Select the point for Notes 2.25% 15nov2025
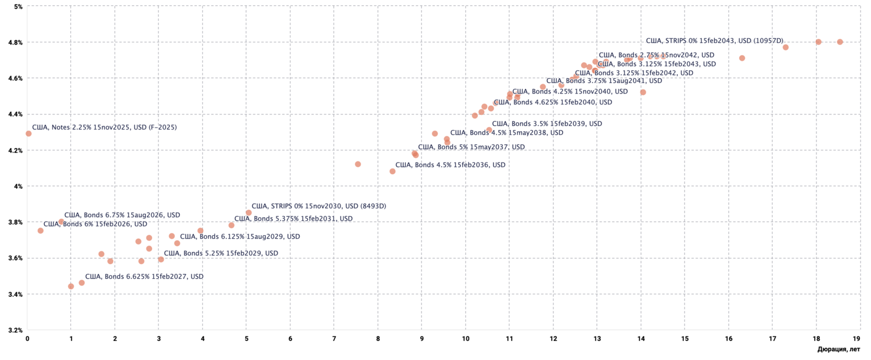click(28, 134)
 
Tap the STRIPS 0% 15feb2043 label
click(715, 41)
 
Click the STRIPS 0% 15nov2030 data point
click(249, 213)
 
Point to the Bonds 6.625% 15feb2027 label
click(144, 276)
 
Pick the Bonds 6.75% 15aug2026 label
click(122, 215)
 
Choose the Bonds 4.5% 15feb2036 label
click(450, 165)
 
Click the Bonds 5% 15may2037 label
click(471, 147)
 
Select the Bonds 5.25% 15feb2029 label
click(221, 253)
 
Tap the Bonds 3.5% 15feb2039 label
click(546, 124)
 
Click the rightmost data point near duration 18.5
click(840, 42)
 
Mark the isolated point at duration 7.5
click(358, 164)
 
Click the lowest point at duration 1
click(71, 286)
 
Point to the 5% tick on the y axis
click(18, 6)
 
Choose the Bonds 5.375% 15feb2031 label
click(293, 219)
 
